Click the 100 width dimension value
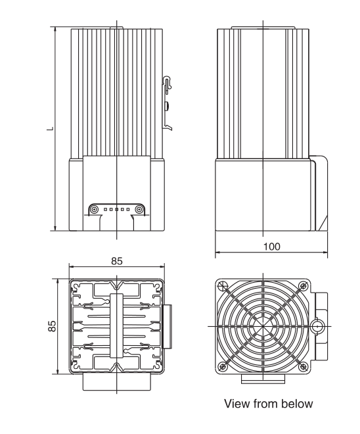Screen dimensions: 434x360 [271, 246]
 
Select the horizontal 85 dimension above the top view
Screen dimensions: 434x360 [116, 261]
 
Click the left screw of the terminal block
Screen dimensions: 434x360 [93, 208]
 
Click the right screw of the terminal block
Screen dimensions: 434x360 [139, 208]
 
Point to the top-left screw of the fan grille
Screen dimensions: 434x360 [221, 285]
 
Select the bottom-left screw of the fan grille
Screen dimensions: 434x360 [221, 366]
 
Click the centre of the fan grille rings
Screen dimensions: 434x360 [261, 325]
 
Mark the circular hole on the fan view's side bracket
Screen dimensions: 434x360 [317, 326]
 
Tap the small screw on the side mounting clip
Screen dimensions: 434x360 [168, 105]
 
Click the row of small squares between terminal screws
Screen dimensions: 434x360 [116, 208]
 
